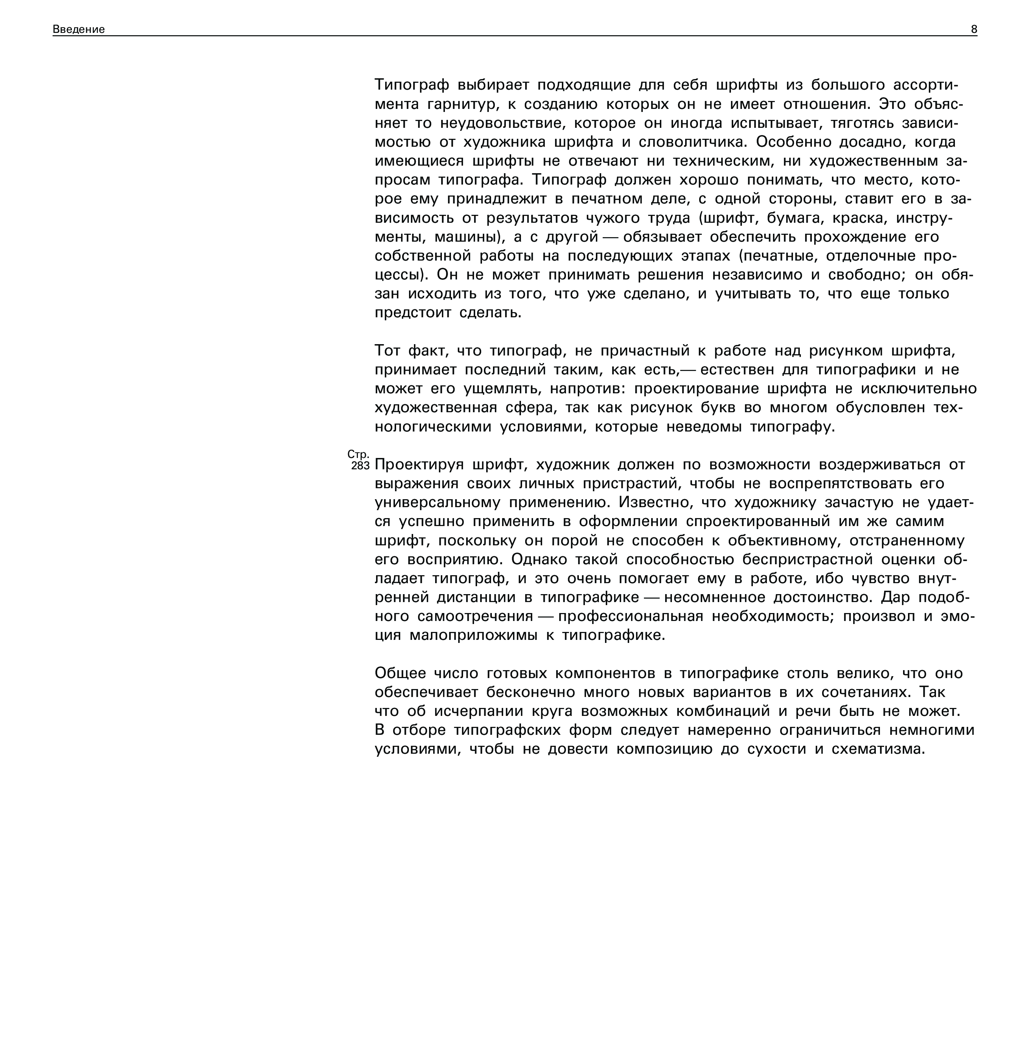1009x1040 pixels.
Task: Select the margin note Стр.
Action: pyautogui.click(x=358, y=455)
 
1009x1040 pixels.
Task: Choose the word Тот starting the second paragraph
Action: pyautogui.click(x=387, y=351)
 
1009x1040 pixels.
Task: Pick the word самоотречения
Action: pyautogui.click(x=475, y=616)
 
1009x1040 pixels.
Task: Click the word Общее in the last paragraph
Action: pyautogui.click(x=400, y=673)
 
